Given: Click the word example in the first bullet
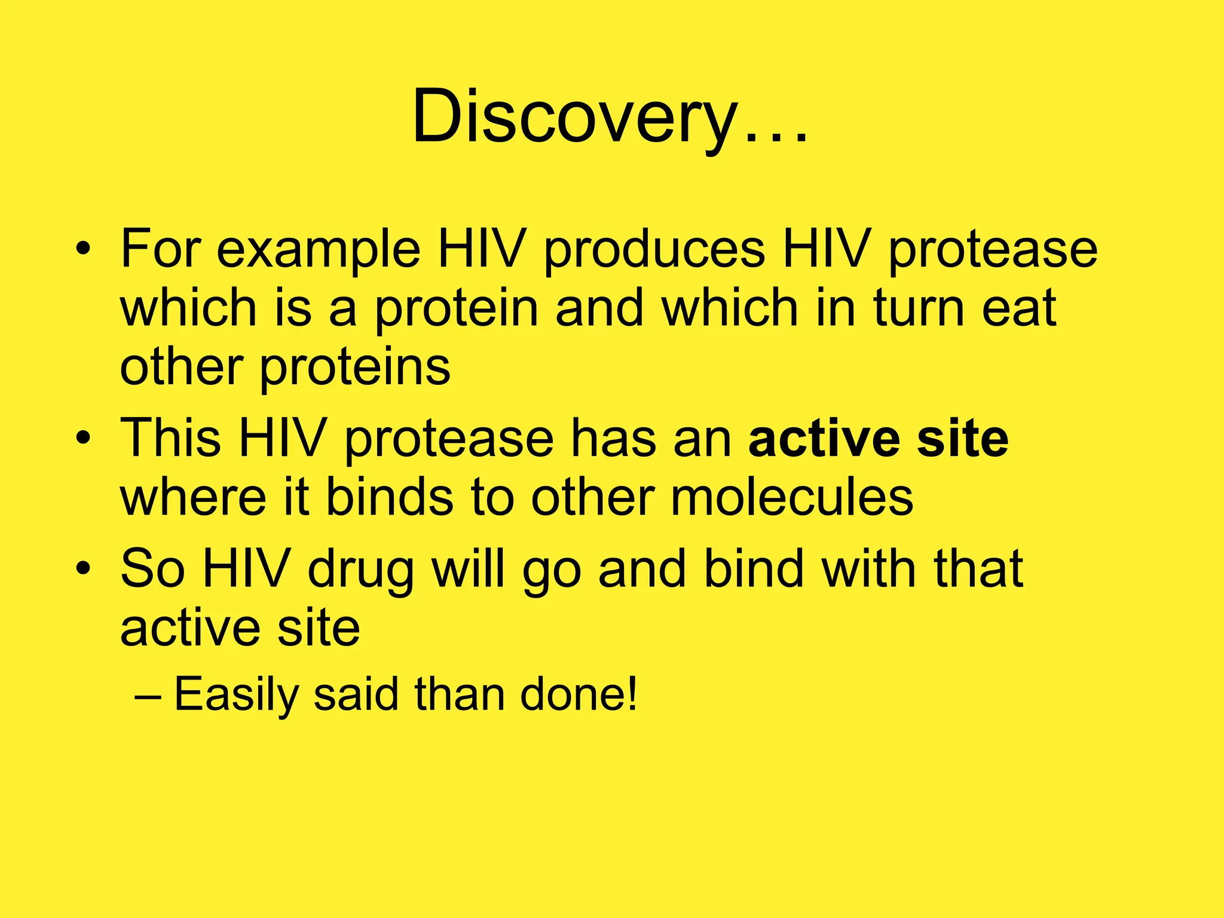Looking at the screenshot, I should coord(318,249).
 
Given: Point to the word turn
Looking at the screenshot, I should coord(919,308).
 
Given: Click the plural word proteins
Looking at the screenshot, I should coord(355,367).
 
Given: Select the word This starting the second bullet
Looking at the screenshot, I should coord(171,438).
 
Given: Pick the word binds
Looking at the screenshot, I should coord(390,497).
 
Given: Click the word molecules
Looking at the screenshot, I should coord(792,497).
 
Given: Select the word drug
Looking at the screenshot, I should coord(360,569).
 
